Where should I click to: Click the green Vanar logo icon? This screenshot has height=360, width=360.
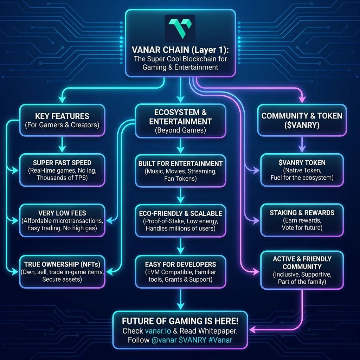180,28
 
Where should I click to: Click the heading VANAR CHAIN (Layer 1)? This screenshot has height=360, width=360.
180,50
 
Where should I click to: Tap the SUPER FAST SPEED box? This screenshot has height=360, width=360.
62,170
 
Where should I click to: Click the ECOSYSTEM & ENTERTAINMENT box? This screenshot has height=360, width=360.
180,121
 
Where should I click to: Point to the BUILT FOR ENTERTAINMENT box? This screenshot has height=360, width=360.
180,170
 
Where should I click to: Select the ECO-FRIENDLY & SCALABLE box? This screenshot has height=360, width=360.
180,220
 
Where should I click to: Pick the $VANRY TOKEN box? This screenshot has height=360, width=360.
302,170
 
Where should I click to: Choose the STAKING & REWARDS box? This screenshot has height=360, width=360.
302,220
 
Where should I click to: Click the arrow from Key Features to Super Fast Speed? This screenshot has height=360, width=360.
62,144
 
